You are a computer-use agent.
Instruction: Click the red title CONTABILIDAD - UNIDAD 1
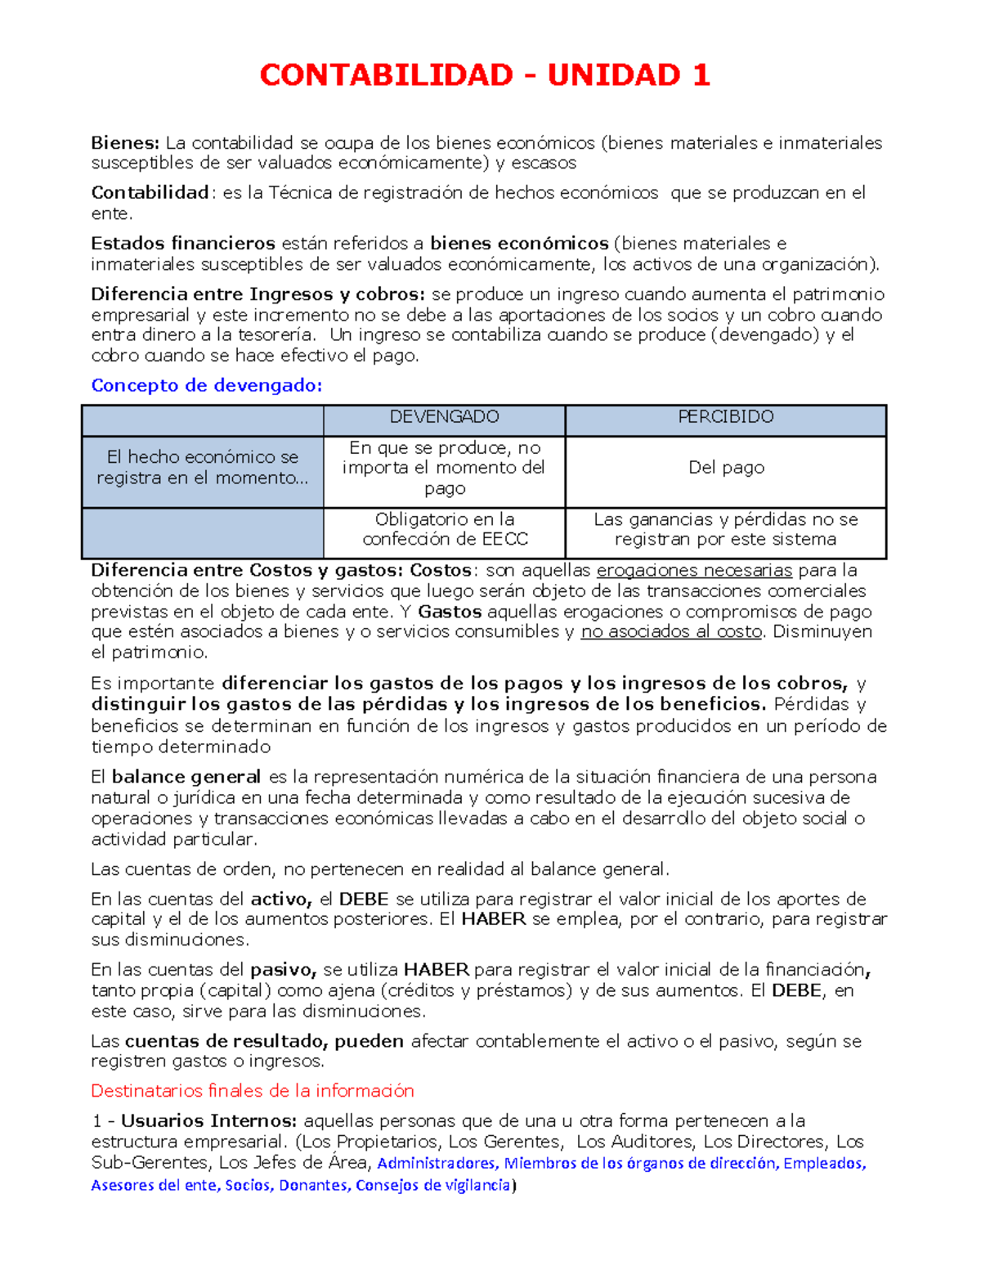(x=485, y=75)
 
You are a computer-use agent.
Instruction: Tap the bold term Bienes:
(x=124, y=143)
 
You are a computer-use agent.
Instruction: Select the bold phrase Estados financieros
(x=183, y=244)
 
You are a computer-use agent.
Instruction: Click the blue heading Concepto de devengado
(x=206, y=385)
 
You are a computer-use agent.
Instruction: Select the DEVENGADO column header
(x=444, y=417)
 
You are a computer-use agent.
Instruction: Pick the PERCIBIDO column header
(x=725, y=417)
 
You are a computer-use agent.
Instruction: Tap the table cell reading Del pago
(x=725, y=468)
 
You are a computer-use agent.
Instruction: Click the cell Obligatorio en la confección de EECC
(x=444, y=529)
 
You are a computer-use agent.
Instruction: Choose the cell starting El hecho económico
(x=202, y=468)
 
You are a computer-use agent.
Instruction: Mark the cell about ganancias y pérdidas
(x=725, y=529)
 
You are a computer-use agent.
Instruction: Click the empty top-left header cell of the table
(x=202, y=420)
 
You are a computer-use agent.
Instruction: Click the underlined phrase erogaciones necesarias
(x=694, y=571)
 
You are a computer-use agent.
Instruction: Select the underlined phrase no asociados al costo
(x=670, y=631)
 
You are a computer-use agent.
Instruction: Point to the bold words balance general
(x=186, y=777)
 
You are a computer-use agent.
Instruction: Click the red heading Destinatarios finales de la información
(x=252, y=1091)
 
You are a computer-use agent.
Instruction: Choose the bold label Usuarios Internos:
(x=209, y=1121)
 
